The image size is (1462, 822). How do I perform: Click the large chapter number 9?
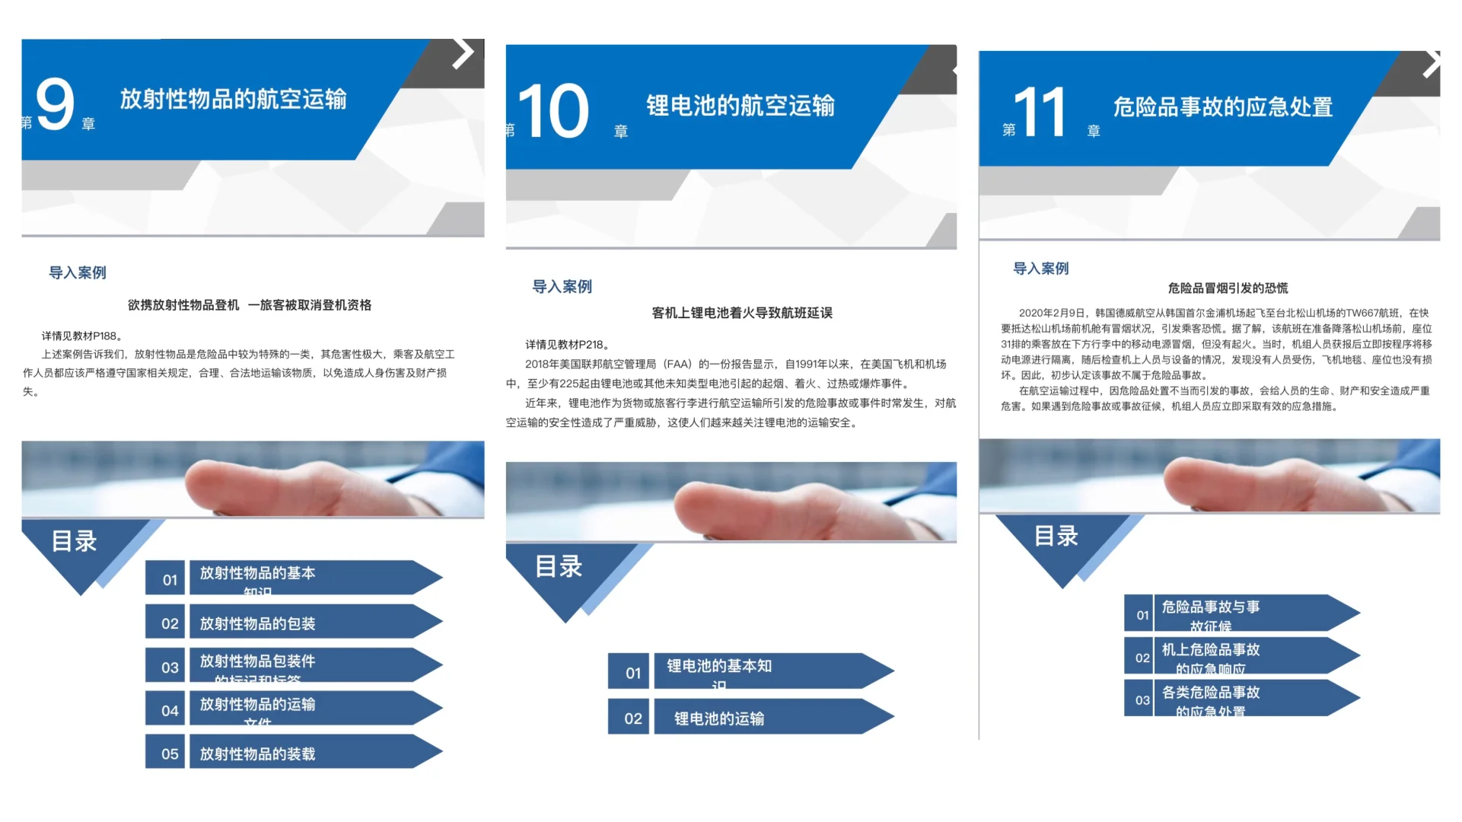[55, 105]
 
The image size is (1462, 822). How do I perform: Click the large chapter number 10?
[553, 112]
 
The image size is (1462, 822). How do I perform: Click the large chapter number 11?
[1039, 113]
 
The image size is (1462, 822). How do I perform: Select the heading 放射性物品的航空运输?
[233, 99]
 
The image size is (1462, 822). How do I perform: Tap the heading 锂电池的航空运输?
[740, 106]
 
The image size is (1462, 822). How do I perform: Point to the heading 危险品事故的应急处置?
[1222, 107]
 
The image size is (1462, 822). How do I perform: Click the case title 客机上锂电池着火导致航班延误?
[741, 313]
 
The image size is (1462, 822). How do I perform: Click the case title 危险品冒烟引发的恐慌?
[1228, 288]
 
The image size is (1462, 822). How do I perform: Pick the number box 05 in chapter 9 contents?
[169, 753]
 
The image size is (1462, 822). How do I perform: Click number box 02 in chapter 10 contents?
[632, 718]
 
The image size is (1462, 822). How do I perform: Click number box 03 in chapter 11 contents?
[1142, 699]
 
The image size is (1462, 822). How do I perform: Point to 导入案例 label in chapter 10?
[562, 286]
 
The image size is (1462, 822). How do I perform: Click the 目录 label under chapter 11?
[1056, 536]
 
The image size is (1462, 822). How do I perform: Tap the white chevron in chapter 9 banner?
[463, 53]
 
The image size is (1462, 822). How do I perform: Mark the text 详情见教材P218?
[567, 344]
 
